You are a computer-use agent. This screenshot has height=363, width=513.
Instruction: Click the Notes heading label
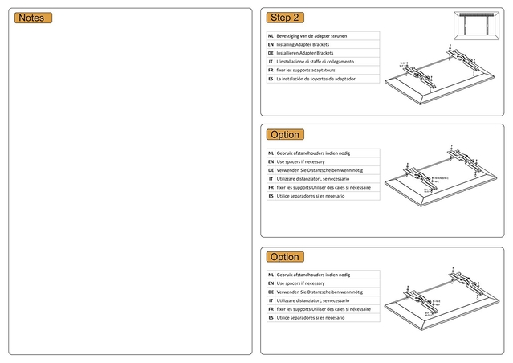(33, 18)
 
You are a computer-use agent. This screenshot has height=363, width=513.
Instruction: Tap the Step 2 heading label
(285, 18)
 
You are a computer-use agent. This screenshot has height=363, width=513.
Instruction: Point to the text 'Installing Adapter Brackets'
(305, 44)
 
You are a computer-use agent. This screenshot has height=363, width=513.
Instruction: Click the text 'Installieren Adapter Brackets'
(305, 53)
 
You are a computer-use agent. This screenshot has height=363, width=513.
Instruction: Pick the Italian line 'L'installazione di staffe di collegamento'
(315, 62)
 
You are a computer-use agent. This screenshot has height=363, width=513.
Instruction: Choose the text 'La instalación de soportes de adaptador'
(316, 80)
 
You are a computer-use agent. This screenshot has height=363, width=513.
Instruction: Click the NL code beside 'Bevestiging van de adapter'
(271, 36)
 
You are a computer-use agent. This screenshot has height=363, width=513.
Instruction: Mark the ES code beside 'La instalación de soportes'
(271, 80)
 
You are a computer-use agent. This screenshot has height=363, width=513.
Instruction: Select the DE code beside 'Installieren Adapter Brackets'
(271, 53)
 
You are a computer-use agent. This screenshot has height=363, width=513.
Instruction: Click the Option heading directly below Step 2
(285, 135)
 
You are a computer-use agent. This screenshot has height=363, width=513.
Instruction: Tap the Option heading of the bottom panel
(285, 257)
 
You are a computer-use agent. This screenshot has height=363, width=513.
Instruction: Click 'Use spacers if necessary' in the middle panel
(300, 161)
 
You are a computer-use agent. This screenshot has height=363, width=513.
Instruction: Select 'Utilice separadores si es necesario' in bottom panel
(311, 318)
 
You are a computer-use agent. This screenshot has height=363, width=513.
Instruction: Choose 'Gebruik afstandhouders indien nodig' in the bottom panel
(312, 275)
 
